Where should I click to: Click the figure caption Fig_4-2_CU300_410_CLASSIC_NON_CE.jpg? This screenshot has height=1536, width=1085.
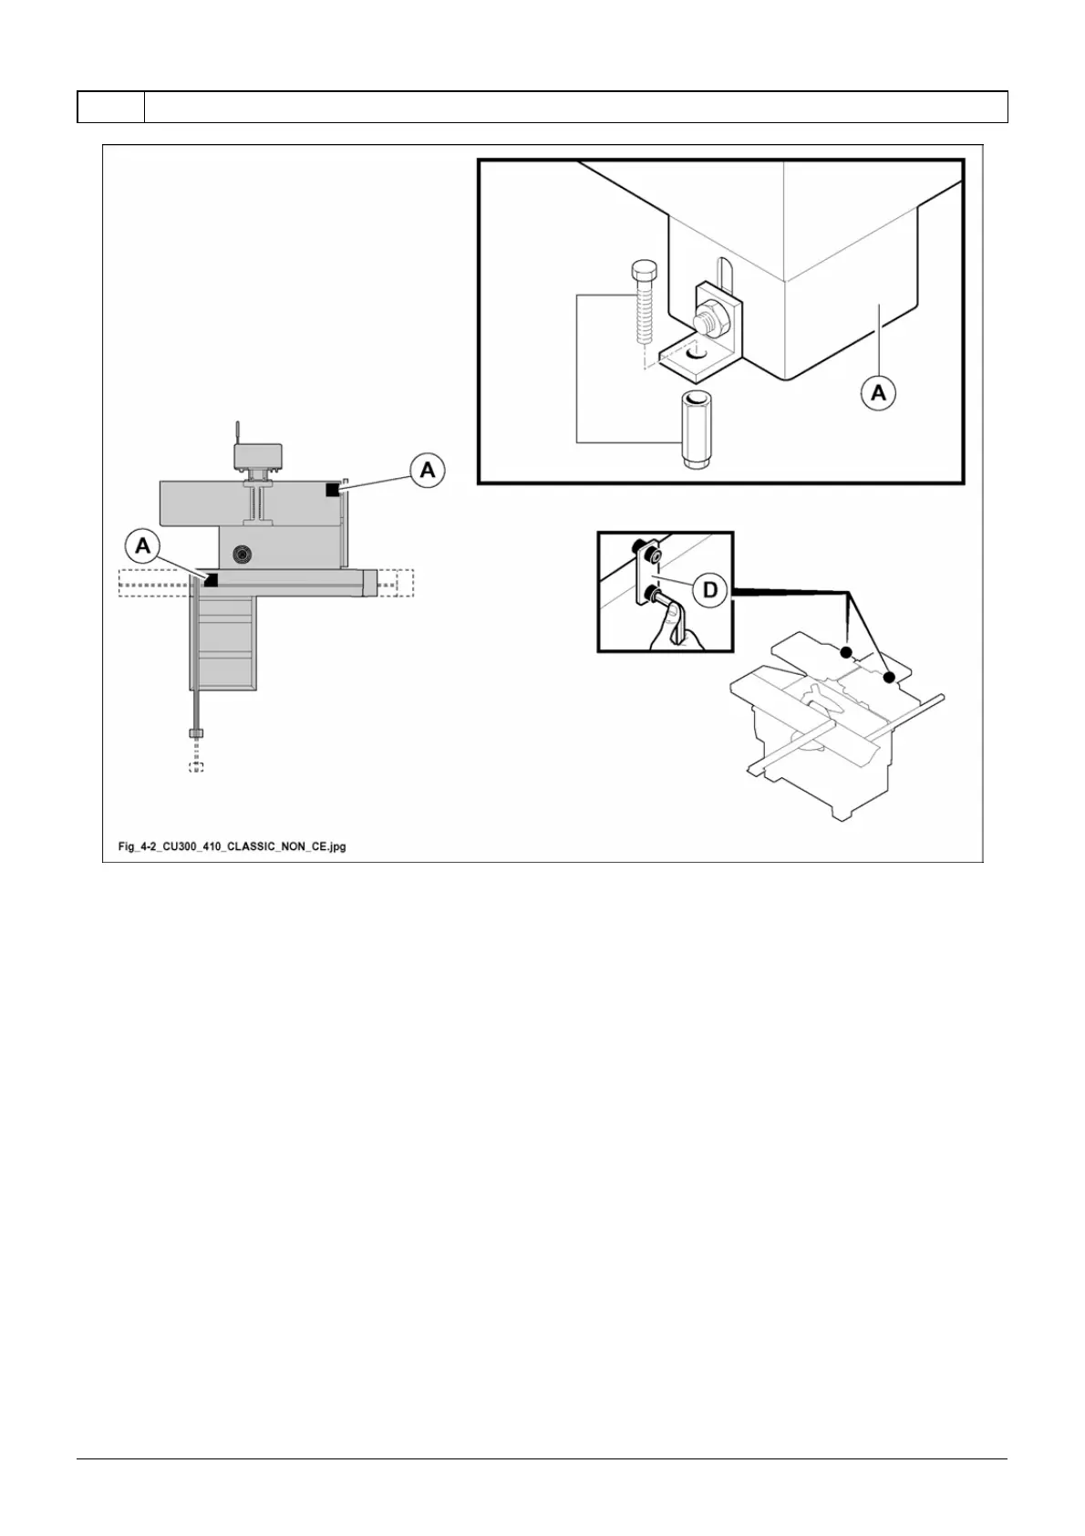[232, 846]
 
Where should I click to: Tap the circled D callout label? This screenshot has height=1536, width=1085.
[708, 590]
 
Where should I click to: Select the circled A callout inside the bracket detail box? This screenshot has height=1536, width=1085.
[877, 393]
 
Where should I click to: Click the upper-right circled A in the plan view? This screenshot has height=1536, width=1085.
[427, 471]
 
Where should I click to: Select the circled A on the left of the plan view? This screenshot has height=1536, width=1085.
[143, 546]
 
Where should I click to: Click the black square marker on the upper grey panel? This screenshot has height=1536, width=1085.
[332, 491]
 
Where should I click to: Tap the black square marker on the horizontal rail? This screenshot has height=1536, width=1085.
[212, 579]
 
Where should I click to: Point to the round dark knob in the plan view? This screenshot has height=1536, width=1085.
[243, 553]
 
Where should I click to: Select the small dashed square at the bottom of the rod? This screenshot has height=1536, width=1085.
[196, 766]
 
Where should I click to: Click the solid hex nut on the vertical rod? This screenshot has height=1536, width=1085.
[196, 733]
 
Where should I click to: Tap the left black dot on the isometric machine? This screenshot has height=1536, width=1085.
[846, 652]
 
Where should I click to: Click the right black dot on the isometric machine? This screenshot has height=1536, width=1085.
[888, 678]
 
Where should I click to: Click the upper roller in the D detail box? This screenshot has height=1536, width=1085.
[650, 554]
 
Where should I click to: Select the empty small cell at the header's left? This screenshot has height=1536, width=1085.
[110, 107]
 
